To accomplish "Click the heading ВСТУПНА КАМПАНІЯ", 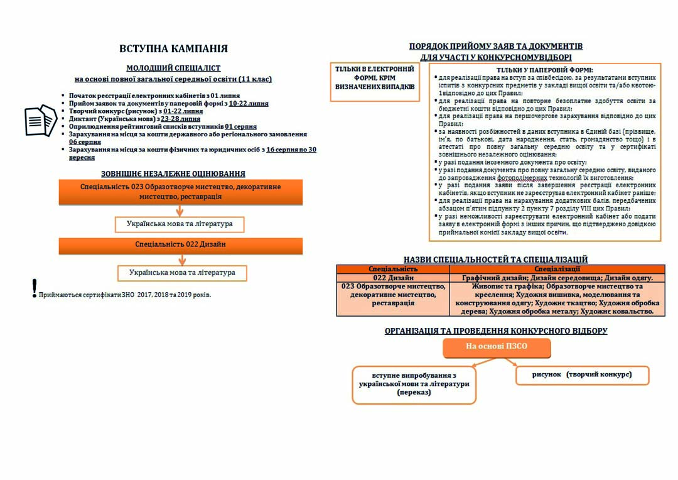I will pos(173,49).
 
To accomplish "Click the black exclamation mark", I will pos(35,288).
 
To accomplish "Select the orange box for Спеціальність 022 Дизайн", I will pos(180,245).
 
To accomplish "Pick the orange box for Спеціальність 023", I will pos(180,192).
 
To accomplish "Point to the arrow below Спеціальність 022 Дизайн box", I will pos(180,259).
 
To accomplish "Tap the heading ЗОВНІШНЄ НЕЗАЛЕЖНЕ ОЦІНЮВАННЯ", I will pos(173,173).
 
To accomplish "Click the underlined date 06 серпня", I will pos(85,143).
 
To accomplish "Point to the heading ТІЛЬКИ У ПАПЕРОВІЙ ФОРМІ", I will pos(544,70).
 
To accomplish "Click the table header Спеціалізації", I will pos(557,269).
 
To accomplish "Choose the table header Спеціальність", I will pos(393,269).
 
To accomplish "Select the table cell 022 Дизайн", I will pos(393,278).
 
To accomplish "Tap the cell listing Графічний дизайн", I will pos(557,278).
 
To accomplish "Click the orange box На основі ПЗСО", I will pos(496,347).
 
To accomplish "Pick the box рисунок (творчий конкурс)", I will pos(582,374).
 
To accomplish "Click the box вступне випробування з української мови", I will pos(414,383).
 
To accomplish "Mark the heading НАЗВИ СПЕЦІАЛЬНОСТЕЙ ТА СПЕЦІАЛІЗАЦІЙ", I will pos(495,259).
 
